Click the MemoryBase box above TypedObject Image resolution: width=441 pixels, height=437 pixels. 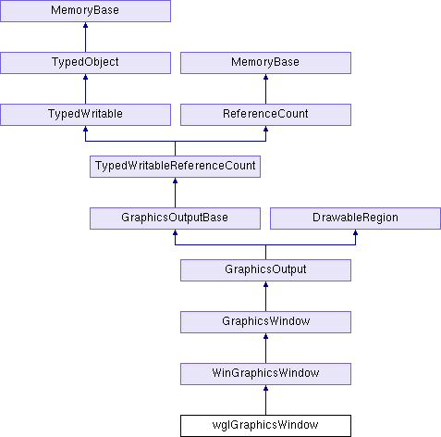[x=85, y=11]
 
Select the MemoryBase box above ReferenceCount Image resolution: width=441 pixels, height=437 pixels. [x=265, y=63]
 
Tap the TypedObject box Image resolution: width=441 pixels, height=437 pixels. [x=85, y=63]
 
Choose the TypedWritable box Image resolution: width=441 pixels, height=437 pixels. [x=85, y=115]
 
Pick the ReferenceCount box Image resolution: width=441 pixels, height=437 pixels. [x=265, y=115]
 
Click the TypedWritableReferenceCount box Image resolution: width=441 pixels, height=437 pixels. [x=175, y=167]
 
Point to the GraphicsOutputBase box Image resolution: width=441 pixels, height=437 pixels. [x=175, y=218]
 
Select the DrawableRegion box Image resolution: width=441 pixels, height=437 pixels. [x=355, y=218]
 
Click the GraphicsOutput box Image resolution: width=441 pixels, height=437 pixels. [x=265, y=270]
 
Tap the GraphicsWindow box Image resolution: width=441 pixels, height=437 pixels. [x=265, y=322]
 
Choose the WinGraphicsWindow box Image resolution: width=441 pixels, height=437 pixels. [x=265, y=374]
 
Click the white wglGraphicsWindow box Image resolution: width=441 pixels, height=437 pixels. [x=265, y=426]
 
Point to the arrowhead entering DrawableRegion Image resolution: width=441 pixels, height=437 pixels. [x=355, y=232]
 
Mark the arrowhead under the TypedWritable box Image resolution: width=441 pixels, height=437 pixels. [x=85, y=129]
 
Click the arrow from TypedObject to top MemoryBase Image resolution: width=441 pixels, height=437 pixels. [x=85, y=37]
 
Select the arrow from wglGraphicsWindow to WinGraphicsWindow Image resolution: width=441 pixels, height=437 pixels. [x=265, y=400]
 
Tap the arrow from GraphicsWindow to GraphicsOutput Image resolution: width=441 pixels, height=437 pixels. [x=265, y=296]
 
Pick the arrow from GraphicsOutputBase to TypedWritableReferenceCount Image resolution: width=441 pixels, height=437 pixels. [x=175, y=193]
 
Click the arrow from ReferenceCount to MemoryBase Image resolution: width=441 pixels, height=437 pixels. [x=265, y=89]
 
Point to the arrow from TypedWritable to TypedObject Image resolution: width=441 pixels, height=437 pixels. [x=85, y=89]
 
